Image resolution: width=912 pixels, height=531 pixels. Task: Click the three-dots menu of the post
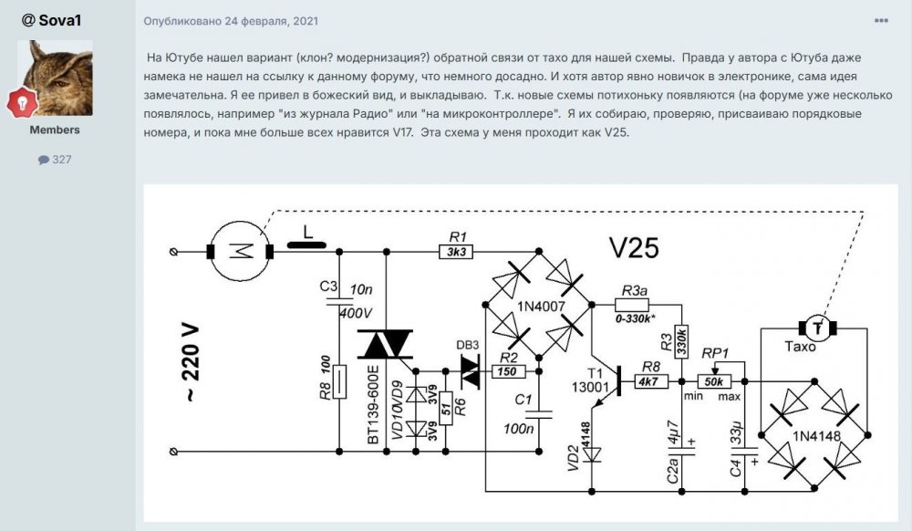coord(881,20)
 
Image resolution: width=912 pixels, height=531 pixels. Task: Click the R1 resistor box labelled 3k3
coord(456,252)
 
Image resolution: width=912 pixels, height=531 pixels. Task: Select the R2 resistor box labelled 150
coord(508,371)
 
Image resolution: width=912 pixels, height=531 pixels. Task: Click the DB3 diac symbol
coord(471,370)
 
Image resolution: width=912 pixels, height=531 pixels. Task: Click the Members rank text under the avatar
coord(55,130)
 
